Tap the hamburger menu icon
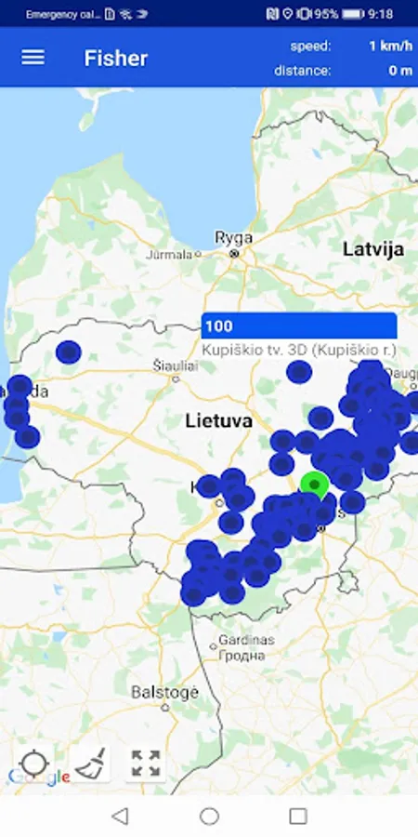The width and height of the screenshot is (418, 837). click(x=33, y=58)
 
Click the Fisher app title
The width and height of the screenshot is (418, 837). click(x=116, y=58)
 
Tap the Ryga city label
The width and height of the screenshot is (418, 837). click(x=234, y=238)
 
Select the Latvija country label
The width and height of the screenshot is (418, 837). click(x=373, y=249)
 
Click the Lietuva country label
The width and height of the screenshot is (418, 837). click(x=218, y=420)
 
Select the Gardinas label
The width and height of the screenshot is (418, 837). click(x=241, y=641)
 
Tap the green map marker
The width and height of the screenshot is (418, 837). click(x=315, y=484)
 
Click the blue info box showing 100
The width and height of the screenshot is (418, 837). click(x=299, y=326)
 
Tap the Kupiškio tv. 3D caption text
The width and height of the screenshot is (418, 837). click(x=299, y=350)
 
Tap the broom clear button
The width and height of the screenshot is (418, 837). click(x=90, y=764)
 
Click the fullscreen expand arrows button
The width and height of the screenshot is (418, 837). click(x=146, y=764)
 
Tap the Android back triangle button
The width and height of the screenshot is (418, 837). click(x=120, y=816)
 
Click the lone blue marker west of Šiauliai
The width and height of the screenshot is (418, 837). click(x=68, y=352)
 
